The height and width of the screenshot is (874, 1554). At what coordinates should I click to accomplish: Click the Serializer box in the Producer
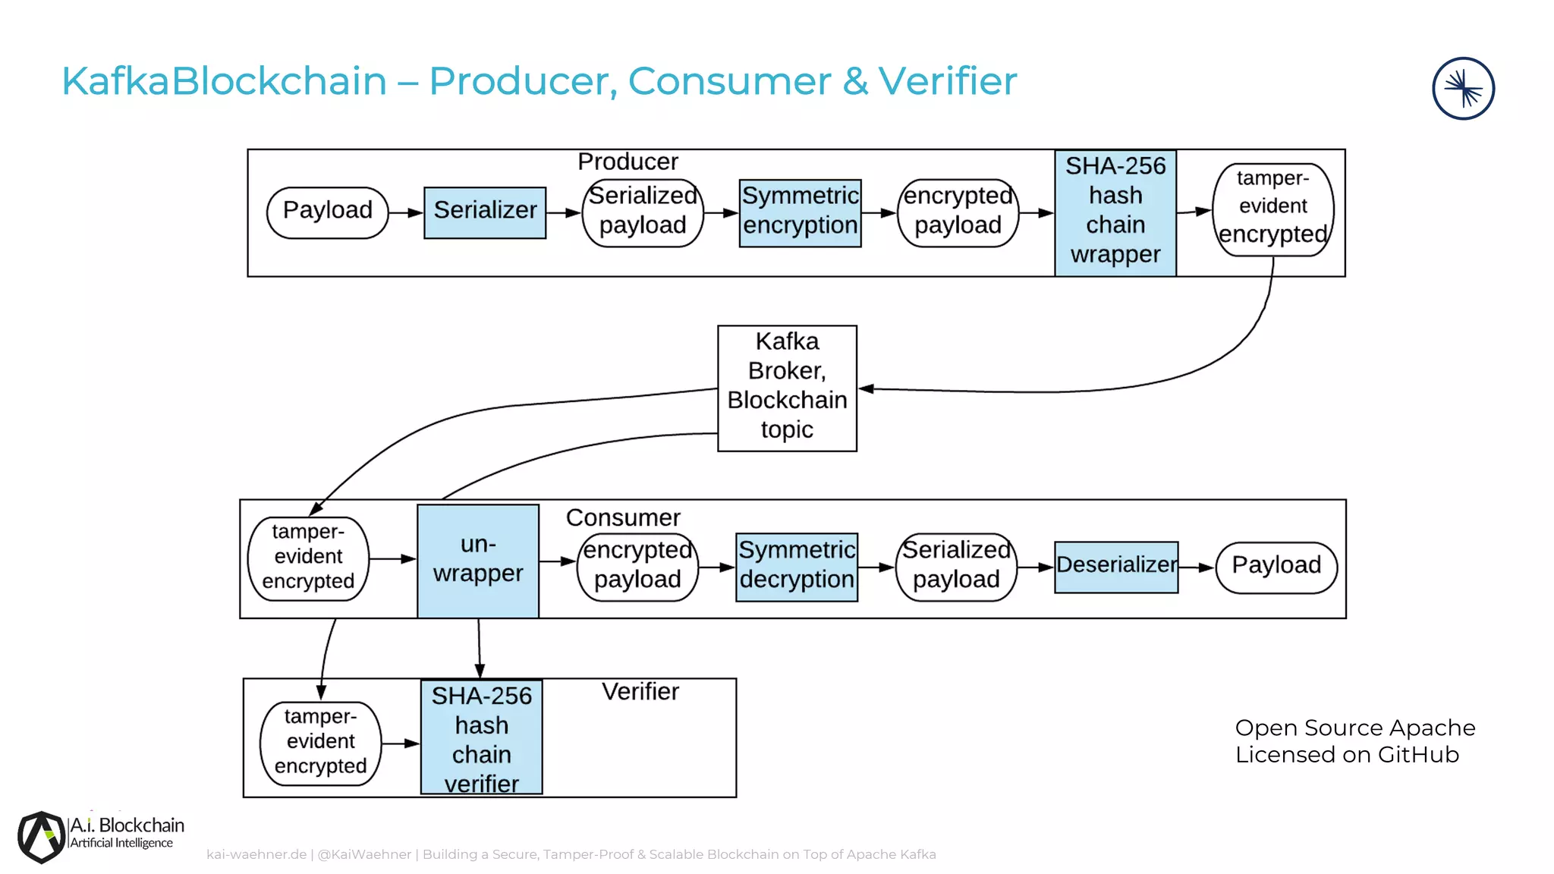(485, 212)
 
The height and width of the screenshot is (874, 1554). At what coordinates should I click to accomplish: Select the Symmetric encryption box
(800, 212)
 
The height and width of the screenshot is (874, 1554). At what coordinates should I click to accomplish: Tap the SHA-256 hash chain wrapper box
(1115, 212)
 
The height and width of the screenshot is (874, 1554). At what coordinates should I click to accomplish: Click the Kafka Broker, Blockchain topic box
(787, 388)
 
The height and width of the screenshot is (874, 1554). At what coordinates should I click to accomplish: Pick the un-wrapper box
(478, 561)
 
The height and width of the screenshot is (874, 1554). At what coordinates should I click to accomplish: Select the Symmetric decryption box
(797, 567)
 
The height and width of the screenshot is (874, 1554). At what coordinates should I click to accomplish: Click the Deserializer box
(1116, 567)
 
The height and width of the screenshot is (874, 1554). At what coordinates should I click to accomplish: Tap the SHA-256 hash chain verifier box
(482, 737)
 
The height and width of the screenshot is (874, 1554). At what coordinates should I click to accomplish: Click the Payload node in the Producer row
(327, 212)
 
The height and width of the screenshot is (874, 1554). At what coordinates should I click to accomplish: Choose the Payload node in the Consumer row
(1276, 567)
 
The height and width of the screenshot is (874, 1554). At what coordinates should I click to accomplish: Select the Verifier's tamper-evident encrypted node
(320, 743)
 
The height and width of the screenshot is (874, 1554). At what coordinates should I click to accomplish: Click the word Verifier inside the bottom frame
(640, 692)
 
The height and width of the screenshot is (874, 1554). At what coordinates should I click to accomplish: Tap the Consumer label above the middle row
(623, 517)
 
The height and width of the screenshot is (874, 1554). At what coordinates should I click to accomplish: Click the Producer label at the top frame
(628, 162)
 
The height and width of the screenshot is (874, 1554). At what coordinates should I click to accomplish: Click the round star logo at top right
(1463, 89)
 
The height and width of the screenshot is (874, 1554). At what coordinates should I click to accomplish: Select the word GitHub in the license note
(1418, 755)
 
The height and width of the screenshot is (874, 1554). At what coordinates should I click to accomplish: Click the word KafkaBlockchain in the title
(224, 81)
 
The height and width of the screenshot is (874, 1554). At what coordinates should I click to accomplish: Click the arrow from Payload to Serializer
(406, 212)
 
